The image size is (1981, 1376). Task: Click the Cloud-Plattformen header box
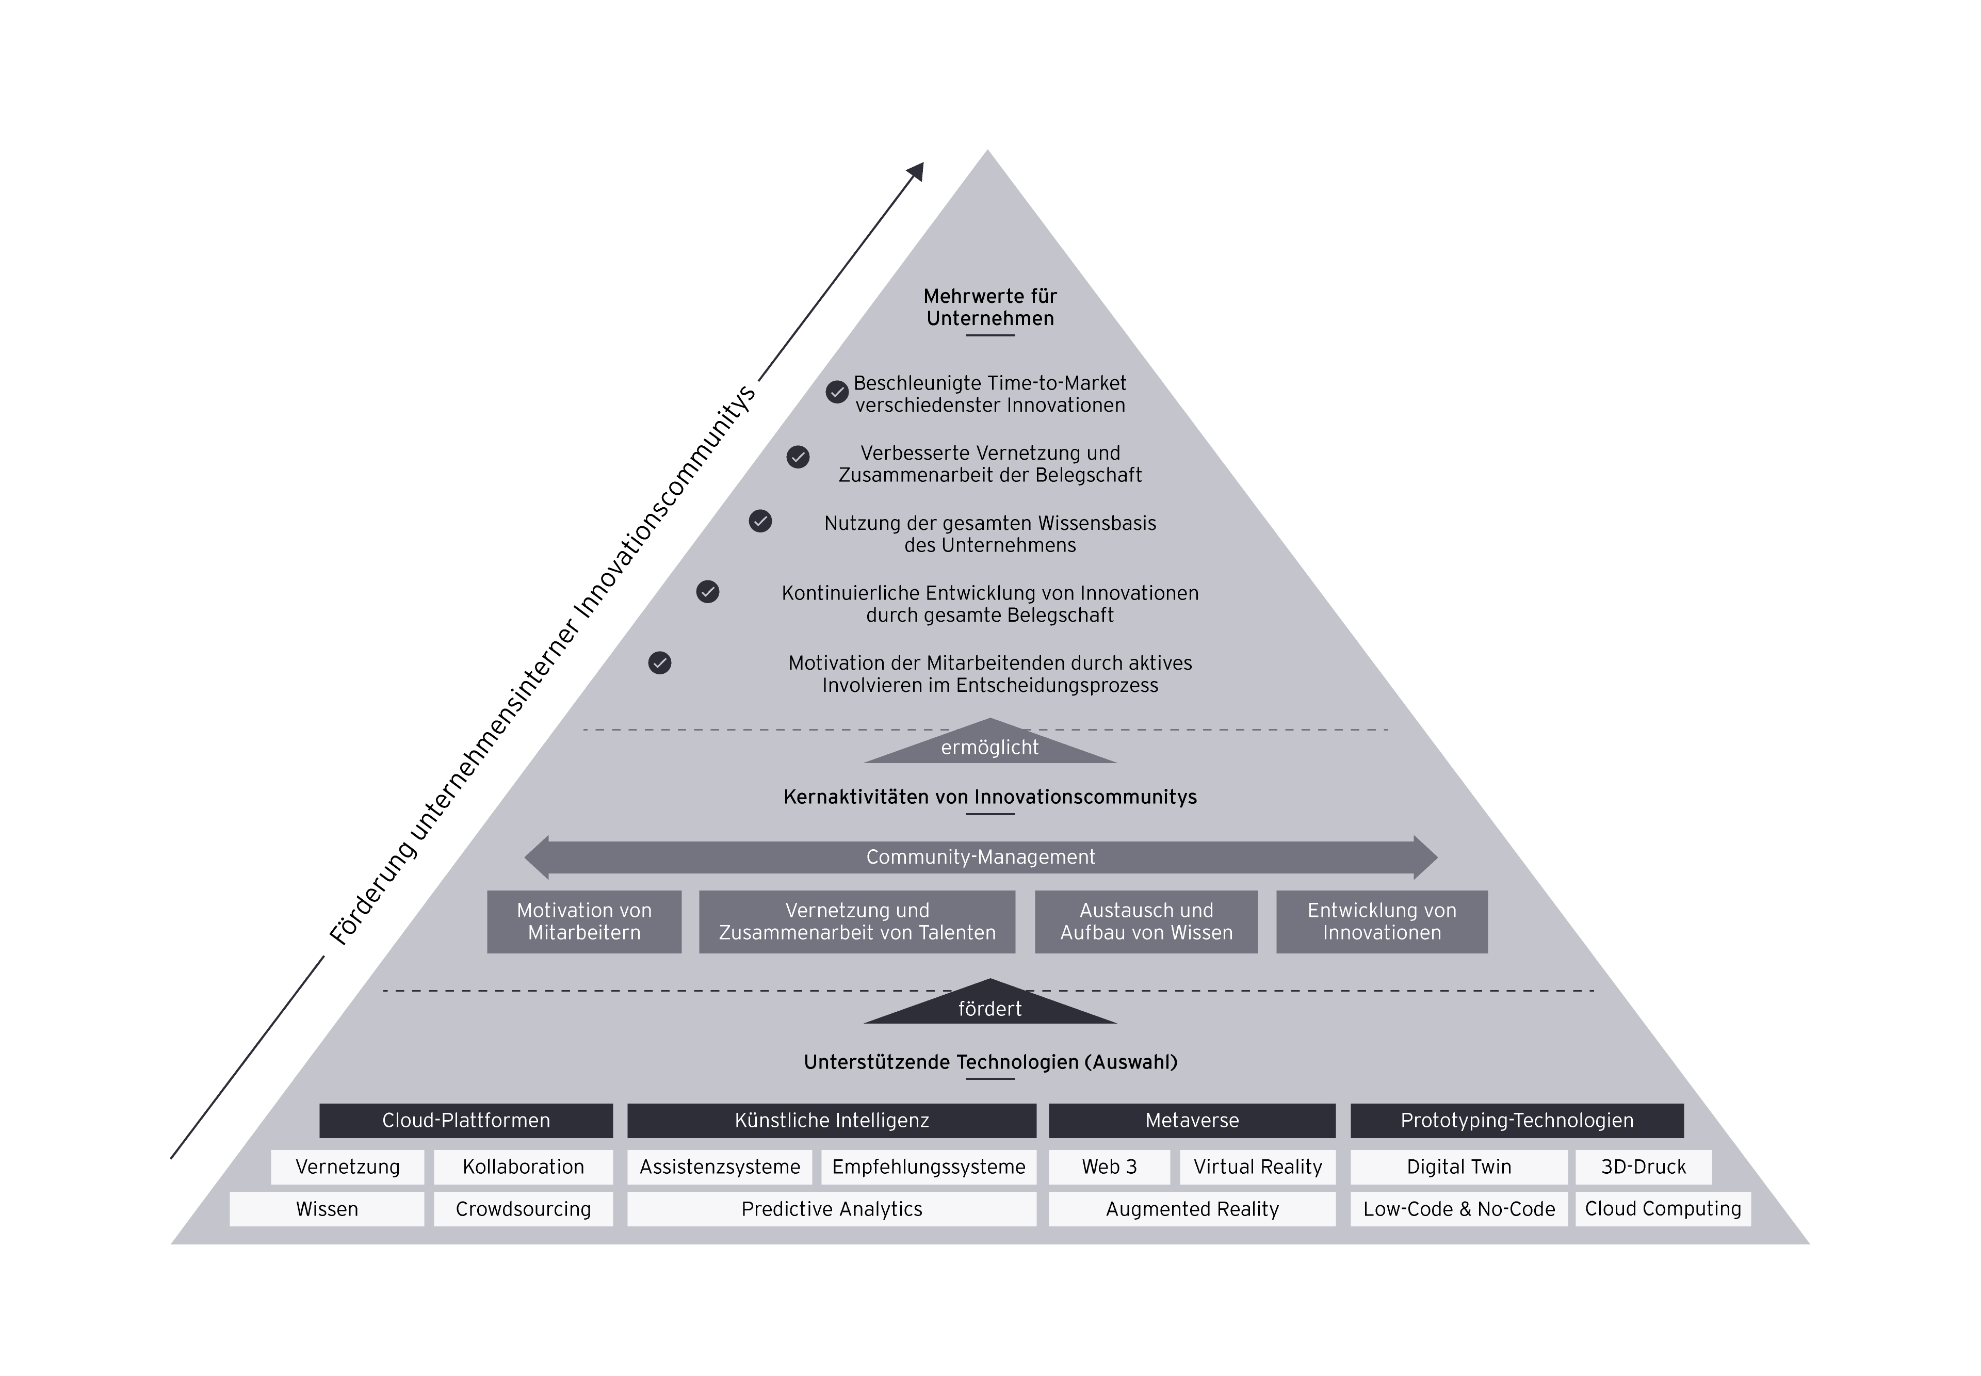[465, 1120]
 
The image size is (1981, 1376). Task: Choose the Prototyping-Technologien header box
[1516, 1120]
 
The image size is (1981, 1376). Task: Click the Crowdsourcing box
[523, 1209]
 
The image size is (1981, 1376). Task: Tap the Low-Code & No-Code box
[1458, 1209]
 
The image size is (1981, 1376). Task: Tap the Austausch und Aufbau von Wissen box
[1146, 921]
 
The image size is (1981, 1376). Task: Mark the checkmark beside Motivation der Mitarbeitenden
[659, 663]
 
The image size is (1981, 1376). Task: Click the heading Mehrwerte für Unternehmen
[989, 307]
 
